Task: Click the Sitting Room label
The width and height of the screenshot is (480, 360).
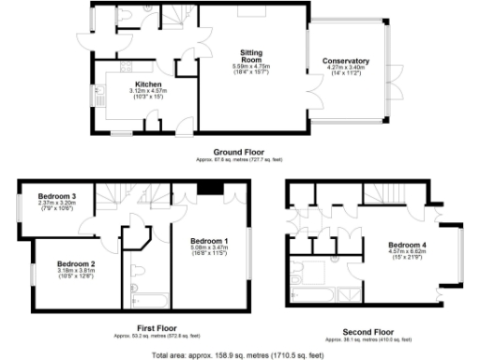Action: click(250, 56)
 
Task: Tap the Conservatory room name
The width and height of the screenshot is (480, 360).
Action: click(346, 62)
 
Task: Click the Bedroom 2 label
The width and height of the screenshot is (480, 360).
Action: click(76, 264)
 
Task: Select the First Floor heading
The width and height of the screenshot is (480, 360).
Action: click(138, 328)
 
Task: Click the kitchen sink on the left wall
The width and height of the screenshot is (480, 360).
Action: click(96, 95)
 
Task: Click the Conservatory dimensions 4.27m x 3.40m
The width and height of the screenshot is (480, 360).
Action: click(346, 68)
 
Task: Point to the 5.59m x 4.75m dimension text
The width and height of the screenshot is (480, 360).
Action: click(250, 66)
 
